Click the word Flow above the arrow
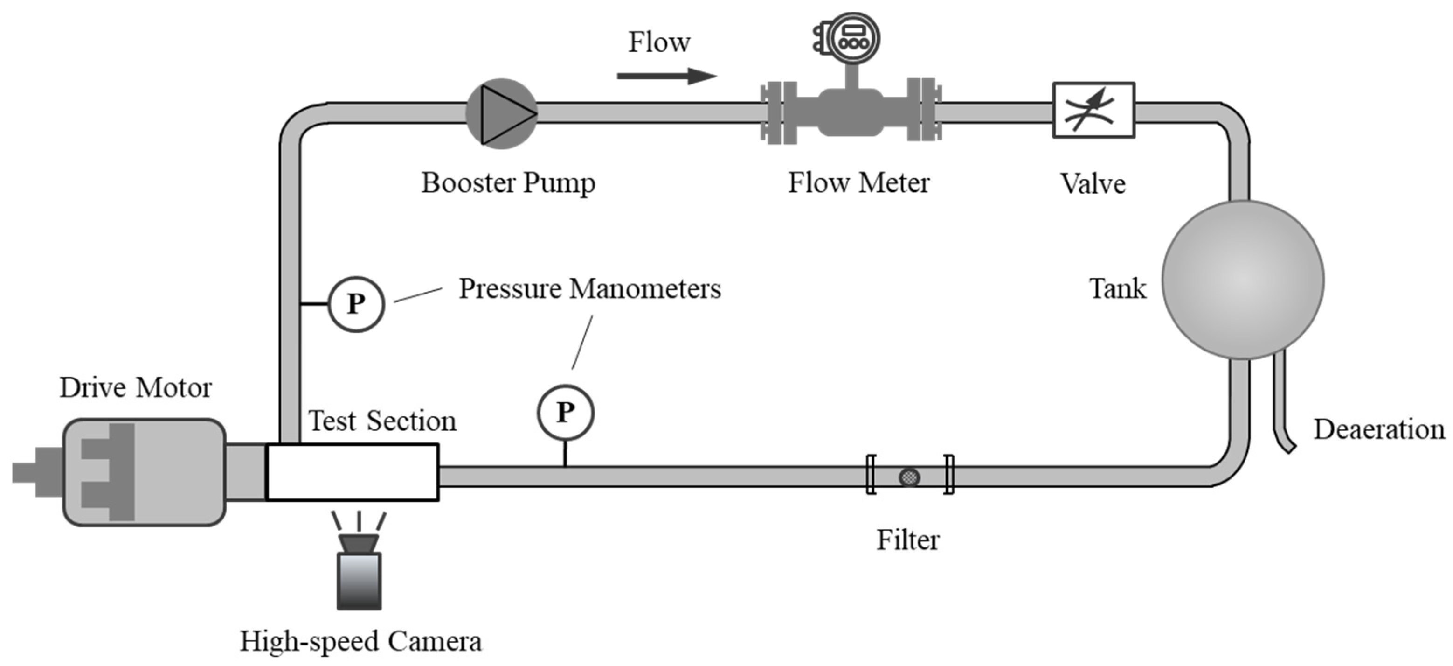(659, 42)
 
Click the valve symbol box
(1093, 110)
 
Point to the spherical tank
(1243, 280)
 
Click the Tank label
(1117, 288)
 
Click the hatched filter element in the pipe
(909, 477)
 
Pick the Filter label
(907, 540)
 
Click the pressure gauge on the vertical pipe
(356, 304)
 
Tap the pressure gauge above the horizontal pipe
(565, 413)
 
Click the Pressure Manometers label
(589, 289)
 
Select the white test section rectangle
(352, 472)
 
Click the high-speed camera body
(359, 580)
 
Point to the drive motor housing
(144, 472)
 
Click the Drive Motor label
(135, 388)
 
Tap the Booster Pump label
(508, 183)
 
